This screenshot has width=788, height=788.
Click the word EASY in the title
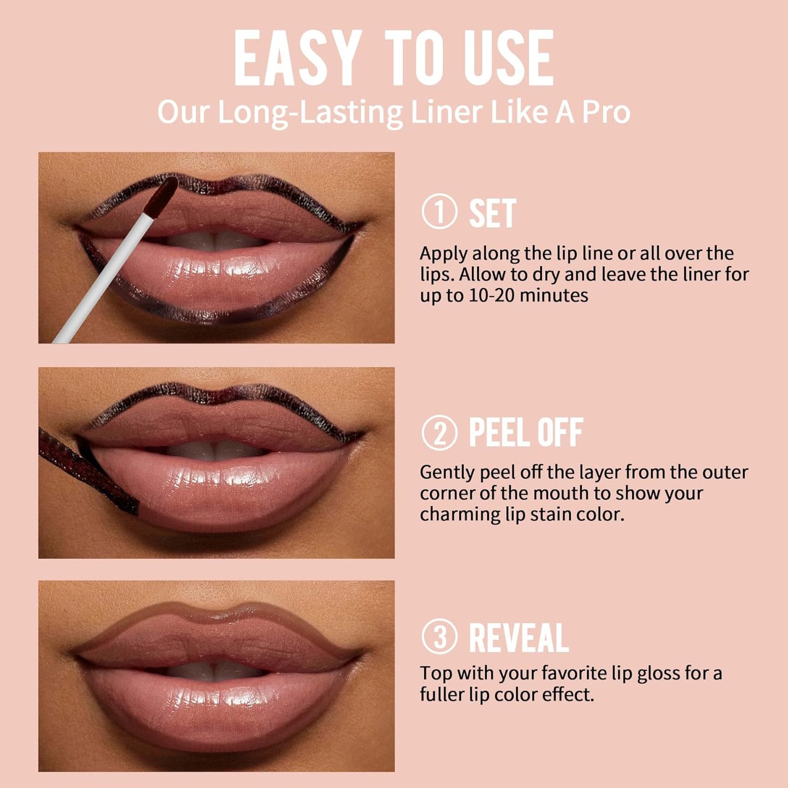tap(298, 58)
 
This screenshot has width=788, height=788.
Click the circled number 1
tap(440, 212)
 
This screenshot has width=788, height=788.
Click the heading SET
tap(492, 213)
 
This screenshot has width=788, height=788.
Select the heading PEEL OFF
tap(526, 433)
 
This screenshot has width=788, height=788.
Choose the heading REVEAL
tap(519, 637)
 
